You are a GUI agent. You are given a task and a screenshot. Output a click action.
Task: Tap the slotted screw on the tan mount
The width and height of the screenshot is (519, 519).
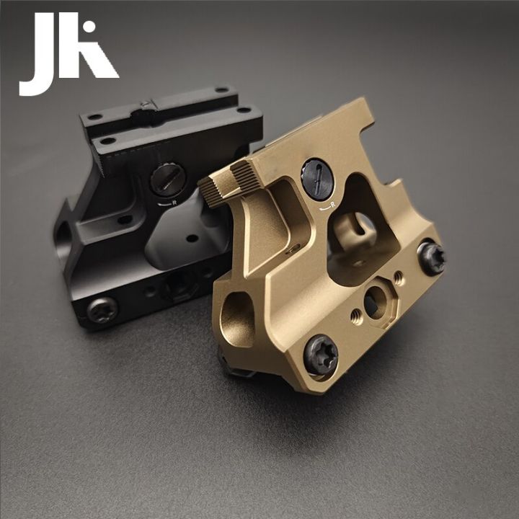pyautogui.click(x=317, y=179)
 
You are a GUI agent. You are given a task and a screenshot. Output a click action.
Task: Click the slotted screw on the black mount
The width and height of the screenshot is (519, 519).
pyautogui.click(x=168, y=179)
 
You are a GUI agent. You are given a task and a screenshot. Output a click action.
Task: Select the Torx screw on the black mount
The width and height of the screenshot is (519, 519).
pyautogui.click(x=102, y=310)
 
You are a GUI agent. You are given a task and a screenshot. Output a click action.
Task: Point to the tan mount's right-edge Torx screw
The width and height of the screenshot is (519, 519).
pyautogui.click(x=431, y=257)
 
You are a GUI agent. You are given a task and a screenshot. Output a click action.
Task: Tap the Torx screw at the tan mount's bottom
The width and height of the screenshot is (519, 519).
pyautogui.click(x=320, y=355)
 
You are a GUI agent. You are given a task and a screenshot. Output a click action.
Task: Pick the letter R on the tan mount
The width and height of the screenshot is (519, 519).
pyautogui.click(x=332, y=208)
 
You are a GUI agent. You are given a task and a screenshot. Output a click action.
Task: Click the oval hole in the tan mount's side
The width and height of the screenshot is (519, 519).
pyautogui.click(x=237, y=317)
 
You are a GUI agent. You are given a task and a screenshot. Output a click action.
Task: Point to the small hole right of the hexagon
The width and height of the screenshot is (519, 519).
pyautogui.click(x=399, y=277)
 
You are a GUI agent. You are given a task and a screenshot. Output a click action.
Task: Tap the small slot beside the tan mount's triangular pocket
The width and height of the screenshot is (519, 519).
pyautogui.click(x=295, y=249)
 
